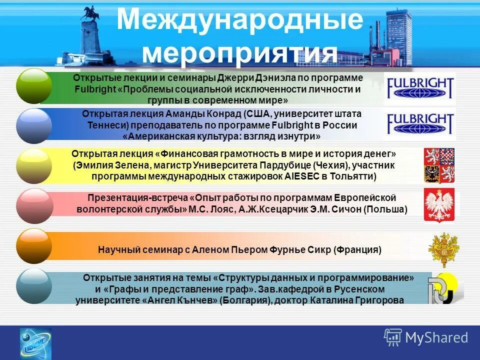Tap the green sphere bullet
(34, 86)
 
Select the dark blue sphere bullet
(34, 125)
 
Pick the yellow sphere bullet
(34, 165)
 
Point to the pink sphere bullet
(34, 205)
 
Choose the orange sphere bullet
(34, 245)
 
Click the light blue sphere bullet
(34, 286)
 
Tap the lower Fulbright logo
(420, 124)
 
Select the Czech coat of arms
(439, 165)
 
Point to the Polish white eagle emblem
(439, 204)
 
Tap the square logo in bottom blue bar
(35, 343)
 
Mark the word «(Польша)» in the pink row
(385, 209)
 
